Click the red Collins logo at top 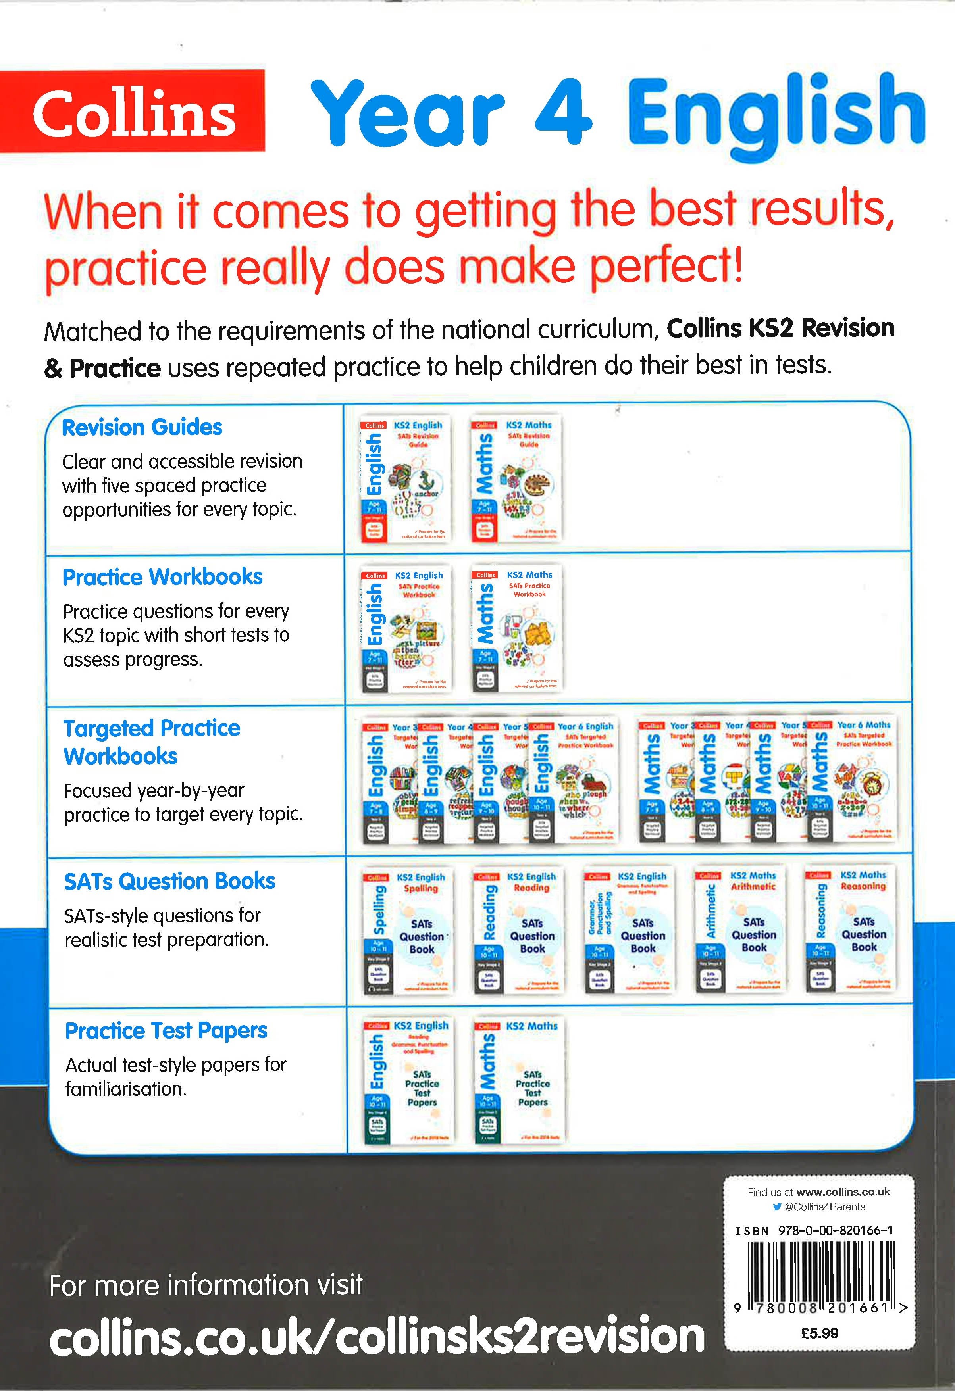pos(133,111)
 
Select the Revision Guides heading pos(142,427)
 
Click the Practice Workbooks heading pos(162,577)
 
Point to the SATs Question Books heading pos(169,881)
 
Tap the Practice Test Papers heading pos(166,1031)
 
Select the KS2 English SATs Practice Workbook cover pos(406,628)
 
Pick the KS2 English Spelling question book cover pos(408,931)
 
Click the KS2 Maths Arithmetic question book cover pos(740,930)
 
